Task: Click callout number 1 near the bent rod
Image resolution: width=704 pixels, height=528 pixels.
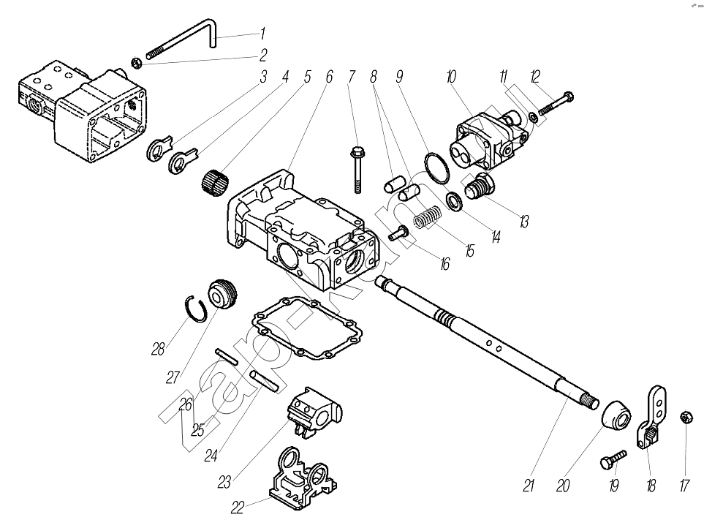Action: pyautogui.click(x=262, y=34)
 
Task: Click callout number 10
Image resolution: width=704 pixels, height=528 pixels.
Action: pyautogui.click(x=451, y=75)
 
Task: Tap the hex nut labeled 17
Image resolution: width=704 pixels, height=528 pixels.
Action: pyautogui.click(x=686, y=417)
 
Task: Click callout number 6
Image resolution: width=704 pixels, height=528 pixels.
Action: pyautogui.click(x=329, y=76)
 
